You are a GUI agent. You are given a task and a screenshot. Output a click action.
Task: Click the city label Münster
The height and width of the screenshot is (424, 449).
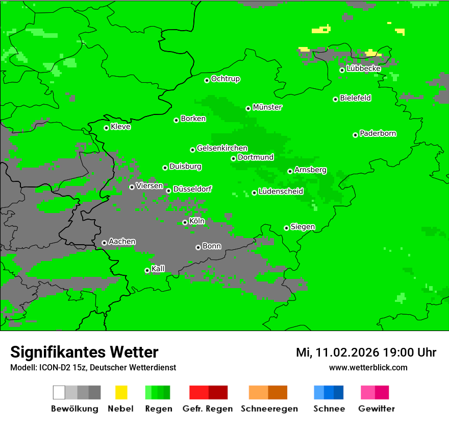pyautogui.click(x=267, y=107)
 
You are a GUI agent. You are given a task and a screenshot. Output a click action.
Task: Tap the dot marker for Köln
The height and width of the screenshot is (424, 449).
pyautogui.click(x=185, y=222)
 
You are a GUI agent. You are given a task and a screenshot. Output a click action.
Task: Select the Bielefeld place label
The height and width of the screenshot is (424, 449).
pyautogui.click(x=356, y=98)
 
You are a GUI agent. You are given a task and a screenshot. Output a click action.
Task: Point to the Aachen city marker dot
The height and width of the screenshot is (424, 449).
pyautogui.click(x=104, y=243)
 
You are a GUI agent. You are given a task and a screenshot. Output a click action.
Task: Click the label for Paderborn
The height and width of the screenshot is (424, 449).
pyautogui.click(x=378, y=133)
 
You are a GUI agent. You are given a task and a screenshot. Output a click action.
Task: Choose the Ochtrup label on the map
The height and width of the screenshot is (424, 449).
pyautogui.click(x=226, y=79)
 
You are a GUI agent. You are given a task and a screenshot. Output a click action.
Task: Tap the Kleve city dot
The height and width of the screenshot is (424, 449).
pyautogui.click(x=106, y=128)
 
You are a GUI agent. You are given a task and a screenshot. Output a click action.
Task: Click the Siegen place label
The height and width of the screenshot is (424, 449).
pyautogui.click(x=303, y=227)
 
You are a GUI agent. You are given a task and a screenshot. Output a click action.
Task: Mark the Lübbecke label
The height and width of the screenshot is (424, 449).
pyautogui.click(x=364, y=68)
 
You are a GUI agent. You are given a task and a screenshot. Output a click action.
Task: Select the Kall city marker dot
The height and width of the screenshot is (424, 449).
pyautogui.click(x=147, y=270)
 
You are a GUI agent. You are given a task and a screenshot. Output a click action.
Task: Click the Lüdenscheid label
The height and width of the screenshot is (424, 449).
pyautogui.click(x=281, y=192)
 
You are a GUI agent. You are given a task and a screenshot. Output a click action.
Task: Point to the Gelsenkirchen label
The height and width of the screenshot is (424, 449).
pyautogui.click(x=222, y=148)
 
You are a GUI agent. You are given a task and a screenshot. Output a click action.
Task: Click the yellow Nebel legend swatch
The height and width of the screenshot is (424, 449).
pyautogui.click(x=121, y=392)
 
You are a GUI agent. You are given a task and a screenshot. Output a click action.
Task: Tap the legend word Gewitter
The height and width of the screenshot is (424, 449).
pyautogui.click(x=377, y=409)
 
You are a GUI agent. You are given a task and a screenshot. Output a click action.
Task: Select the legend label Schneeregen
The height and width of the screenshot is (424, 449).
pyautogui.click(x=269, y=409)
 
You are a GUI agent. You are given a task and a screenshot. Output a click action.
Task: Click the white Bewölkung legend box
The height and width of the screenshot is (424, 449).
pyautogui.click(x=59, y=392)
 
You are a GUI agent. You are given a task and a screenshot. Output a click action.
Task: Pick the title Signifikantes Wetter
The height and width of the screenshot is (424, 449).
pyautogui.click(x=84, y=352)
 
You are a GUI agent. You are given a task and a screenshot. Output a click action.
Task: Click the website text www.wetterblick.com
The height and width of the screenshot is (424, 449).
pyautogui.click(x=368, y=367)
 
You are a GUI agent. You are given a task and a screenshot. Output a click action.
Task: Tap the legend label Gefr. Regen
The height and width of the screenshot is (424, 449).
pyautogui.click(x=208, y=409)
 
